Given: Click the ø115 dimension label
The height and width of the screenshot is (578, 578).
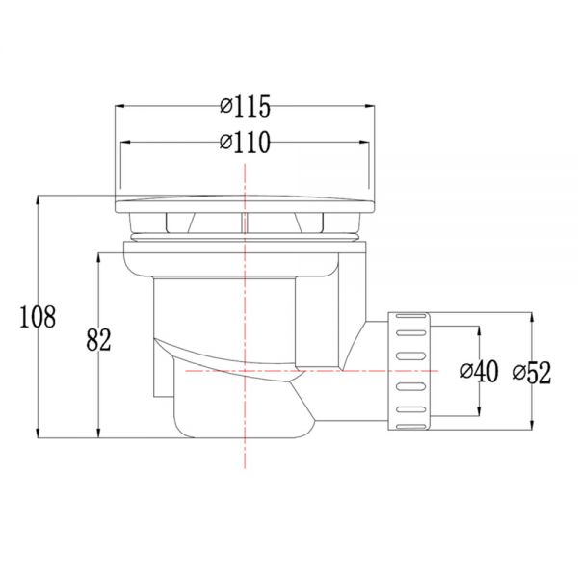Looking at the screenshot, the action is tap(245, 106).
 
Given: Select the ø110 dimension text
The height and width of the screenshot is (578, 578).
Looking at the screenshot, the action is tap(245, 142).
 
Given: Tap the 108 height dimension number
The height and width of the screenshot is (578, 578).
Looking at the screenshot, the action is tap(38, 317).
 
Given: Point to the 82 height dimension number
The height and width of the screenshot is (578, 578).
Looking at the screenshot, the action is tap(98, 339).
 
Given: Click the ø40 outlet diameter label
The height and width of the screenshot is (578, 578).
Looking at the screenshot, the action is tap(479, 371).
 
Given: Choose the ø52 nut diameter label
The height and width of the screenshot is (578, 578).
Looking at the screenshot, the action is tap(532, 373).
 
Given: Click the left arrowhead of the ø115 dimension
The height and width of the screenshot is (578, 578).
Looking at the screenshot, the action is tap(119, 106).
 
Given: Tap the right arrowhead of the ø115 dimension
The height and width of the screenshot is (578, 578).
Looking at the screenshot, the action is tap(370, 106).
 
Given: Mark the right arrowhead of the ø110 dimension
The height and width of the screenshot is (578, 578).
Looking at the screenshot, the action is tap(364, 142).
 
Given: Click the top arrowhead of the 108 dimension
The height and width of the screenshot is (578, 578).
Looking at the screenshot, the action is tap(38, 200).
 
